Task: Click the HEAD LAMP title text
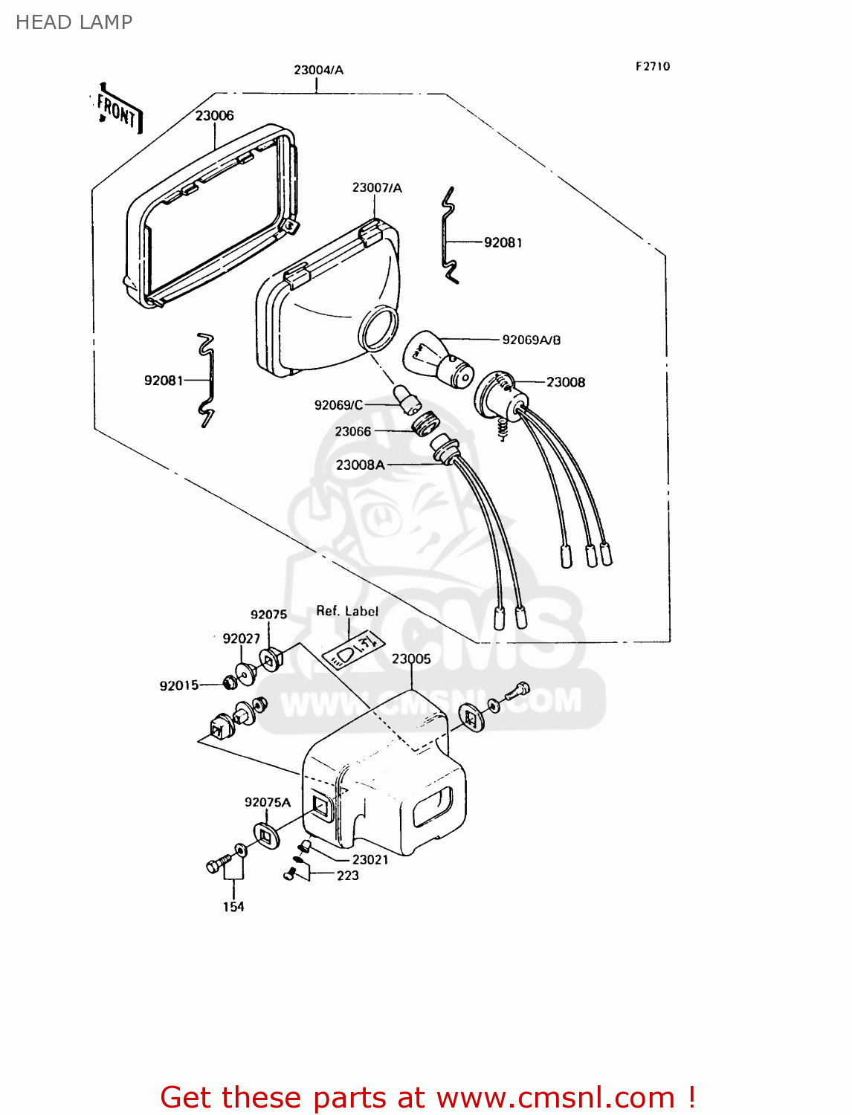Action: tap(74, 22)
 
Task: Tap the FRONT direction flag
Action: tap(117, 110)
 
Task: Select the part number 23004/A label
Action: tap(318, 70)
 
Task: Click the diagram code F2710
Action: tap(653, 66)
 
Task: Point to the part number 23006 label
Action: tap(214, 115)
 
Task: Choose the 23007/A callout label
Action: tap(377, 187)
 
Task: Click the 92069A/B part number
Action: tap(532, 340)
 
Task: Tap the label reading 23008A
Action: tap(360, 465)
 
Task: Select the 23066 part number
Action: tap(352, 431)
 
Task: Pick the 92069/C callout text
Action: tap(338, 404)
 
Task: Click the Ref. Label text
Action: tap(347, 611)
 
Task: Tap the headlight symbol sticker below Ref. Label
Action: tap(354, 649)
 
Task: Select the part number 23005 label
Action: tap(411, 659)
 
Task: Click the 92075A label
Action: tap(268, 802)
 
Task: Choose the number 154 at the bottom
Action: tap(233, 906)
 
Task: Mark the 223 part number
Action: tap(348, 876)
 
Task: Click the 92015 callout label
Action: tap(179, 685)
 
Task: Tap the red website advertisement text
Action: tap(427, 1097)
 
